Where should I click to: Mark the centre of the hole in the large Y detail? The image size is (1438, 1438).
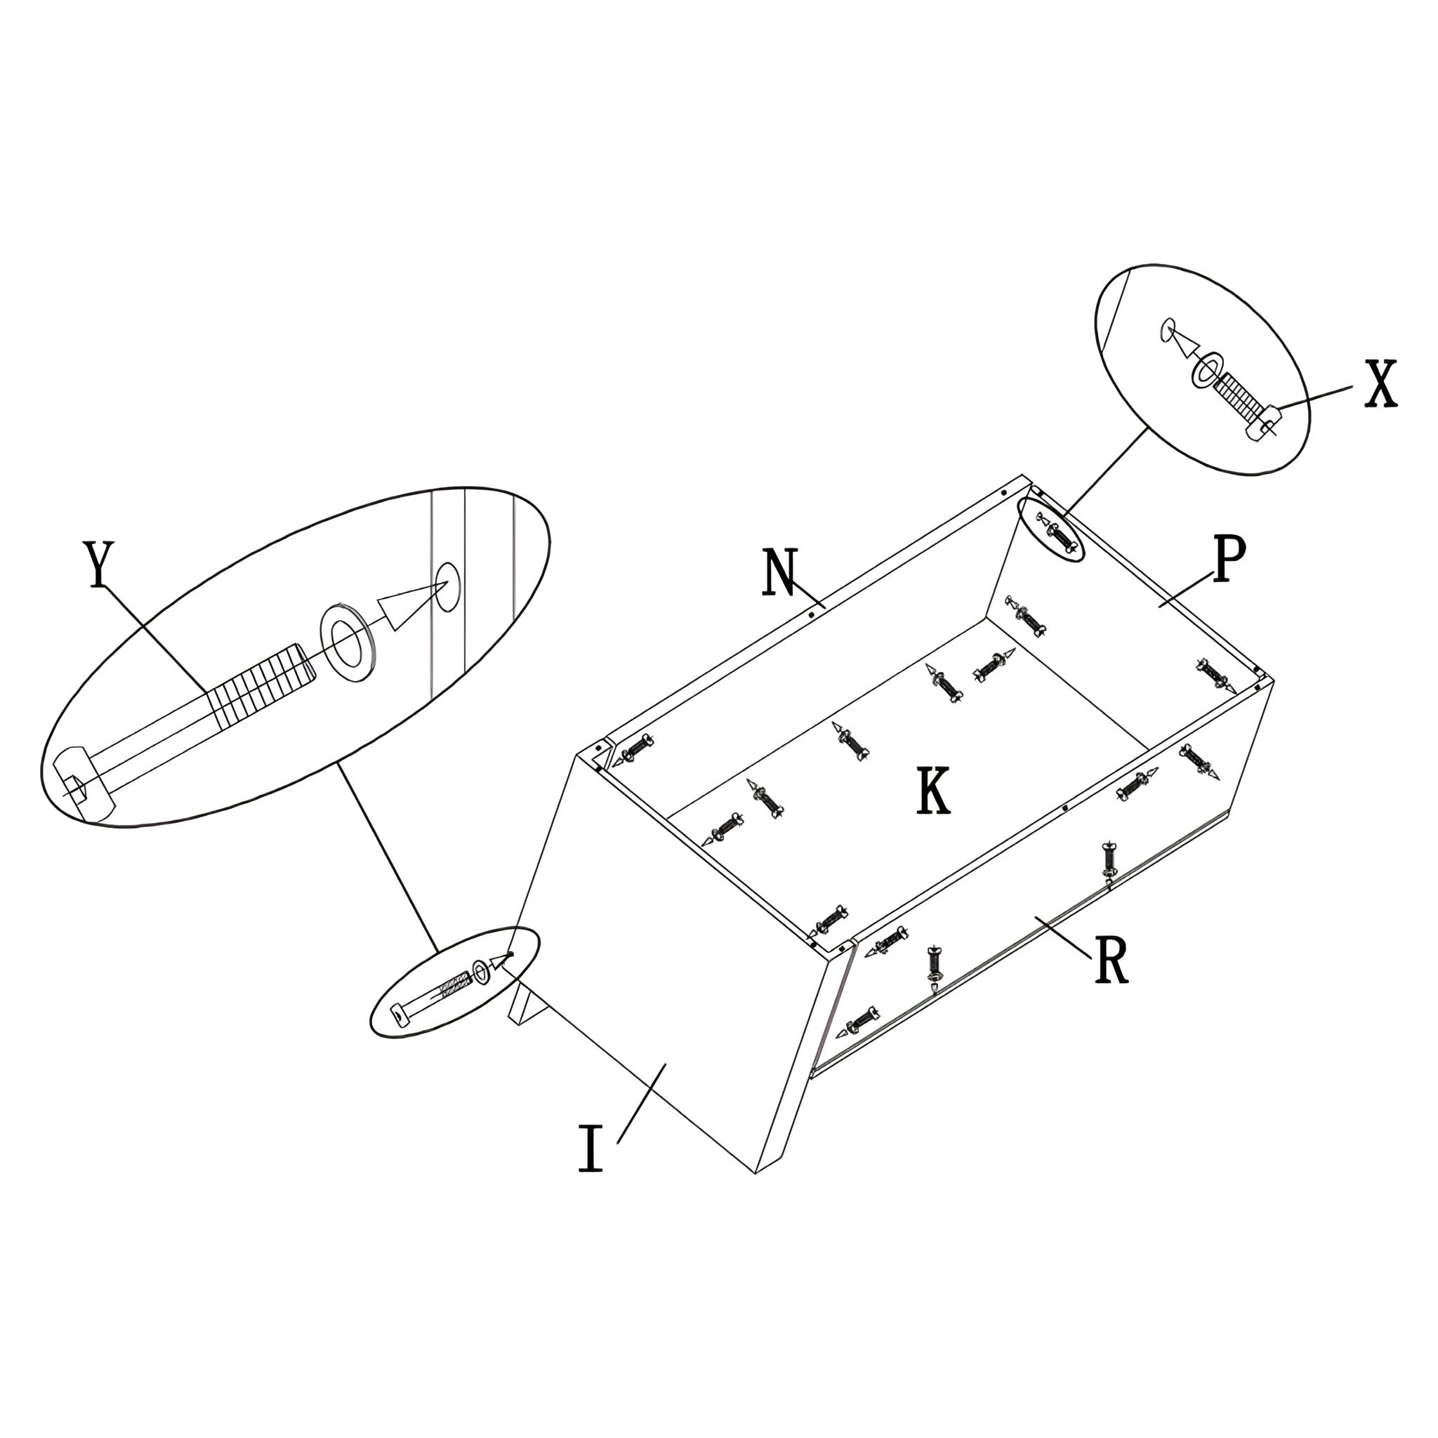coord(447,586)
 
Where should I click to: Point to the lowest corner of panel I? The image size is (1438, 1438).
coord(756,1175)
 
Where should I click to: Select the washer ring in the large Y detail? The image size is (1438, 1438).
coord(348,640)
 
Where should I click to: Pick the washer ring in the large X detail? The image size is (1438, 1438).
coord(1206,370)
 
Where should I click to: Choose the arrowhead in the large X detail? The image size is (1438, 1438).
coord(1182,345)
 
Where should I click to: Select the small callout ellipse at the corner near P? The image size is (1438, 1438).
coord(1051,529)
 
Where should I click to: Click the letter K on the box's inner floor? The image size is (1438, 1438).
coord(933,791)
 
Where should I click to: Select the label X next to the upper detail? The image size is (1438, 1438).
coord(1380,383)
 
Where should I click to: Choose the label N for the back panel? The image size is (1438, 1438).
coord(780,572)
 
